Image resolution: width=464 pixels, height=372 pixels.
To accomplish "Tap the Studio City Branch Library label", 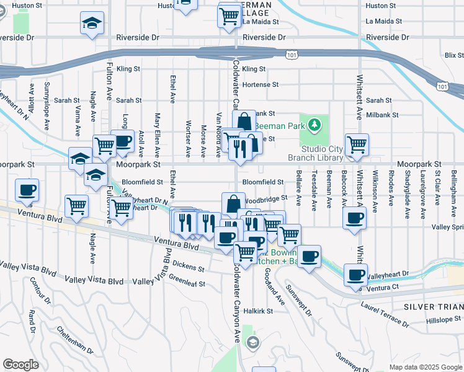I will (x=331, y=153).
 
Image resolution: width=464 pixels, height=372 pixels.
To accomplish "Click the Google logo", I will (x=20, y=364).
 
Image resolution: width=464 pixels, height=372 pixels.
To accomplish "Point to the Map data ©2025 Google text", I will (x=426, y=367).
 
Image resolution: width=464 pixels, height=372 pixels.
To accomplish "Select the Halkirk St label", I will (x=259, y=311).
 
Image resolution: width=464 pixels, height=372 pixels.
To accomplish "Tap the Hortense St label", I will (x=261, y=84).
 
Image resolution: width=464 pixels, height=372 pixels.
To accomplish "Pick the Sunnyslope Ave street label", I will (x=45, y=104).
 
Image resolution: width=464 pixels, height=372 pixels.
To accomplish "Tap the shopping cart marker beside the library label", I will (x=357, y=145).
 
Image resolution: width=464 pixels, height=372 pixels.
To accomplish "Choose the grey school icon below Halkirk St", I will (x=252, y=342).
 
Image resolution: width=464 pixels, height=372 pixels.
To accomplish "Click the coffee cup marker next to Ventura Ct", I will (x=356, y=275).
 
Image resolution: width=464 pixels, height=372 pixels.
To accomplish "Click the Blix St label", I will (x=454, y=55).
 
